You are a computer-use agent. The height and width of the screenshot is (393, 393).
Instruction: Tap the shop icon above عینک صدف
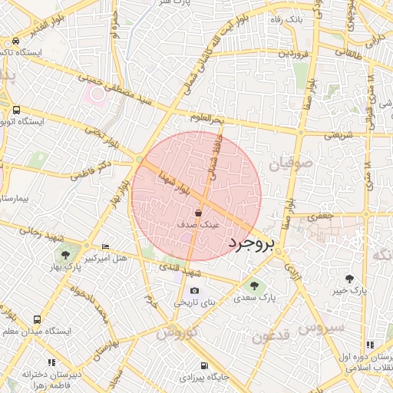pyautogui.click(x=199, y=212)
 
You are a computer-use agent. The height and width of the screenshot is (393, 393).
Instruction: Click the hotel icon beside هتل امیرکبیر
pyautogui.click(x=105, y=246)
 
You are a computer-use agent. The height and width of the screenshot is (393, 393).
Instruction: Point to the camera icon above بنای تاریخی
pyautogui.click(x=194, y=290)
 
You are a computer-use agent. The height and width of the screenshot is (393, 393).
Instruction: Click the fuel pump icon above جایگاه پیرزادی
pyautogui.click(x=203, y=365)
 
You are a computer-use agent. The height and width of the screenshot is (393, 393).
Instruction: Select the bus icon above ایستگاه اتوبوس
pyautogui.click(x=16, y=109)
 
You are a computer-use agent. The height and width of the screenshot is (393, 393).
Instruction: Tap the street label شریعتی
pyautogui.click(x=339, y=134)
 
